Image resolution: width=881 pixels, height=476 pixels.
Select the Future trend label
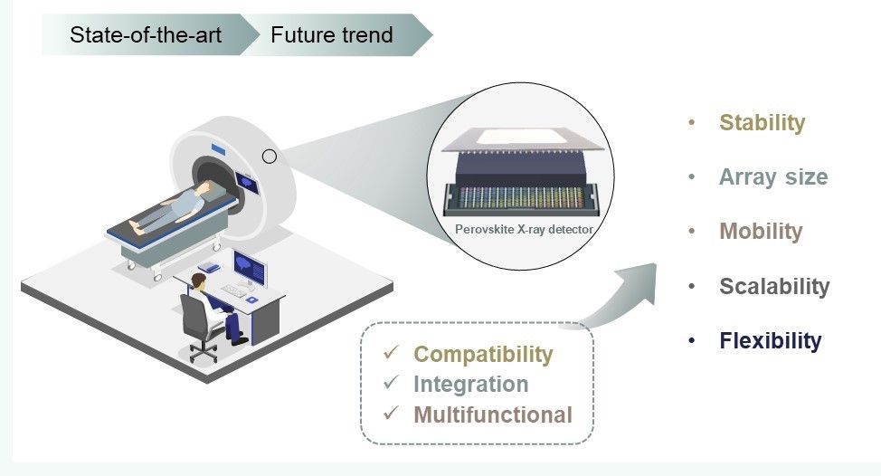(331, 35)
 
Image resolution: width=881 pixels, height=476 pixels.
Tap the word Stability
(762, 122)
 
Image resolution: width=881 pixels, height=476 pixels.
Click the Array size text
(773, 176)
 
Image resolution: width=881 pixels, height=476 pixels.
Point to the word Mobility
(761, 231)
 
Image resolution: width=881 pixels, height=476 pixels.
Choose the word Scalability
(774, 286)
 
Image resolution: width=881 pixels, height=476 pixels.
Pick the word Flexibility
(771, 341)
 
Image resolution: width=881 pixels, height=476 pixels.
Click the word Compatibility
(483, 354)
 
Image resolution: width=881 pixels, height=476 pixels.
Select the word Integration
(470, 384)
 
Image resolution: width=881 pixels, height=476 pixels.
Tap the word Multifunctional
(493, 414)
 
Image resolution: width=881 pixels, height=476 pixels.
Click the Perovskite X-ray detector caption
(524, 230)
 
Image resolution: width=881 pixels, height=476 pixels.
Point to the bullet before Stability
(692, 122)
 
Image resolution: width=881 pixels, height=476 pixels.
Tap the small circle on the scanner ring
(270, 157)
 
